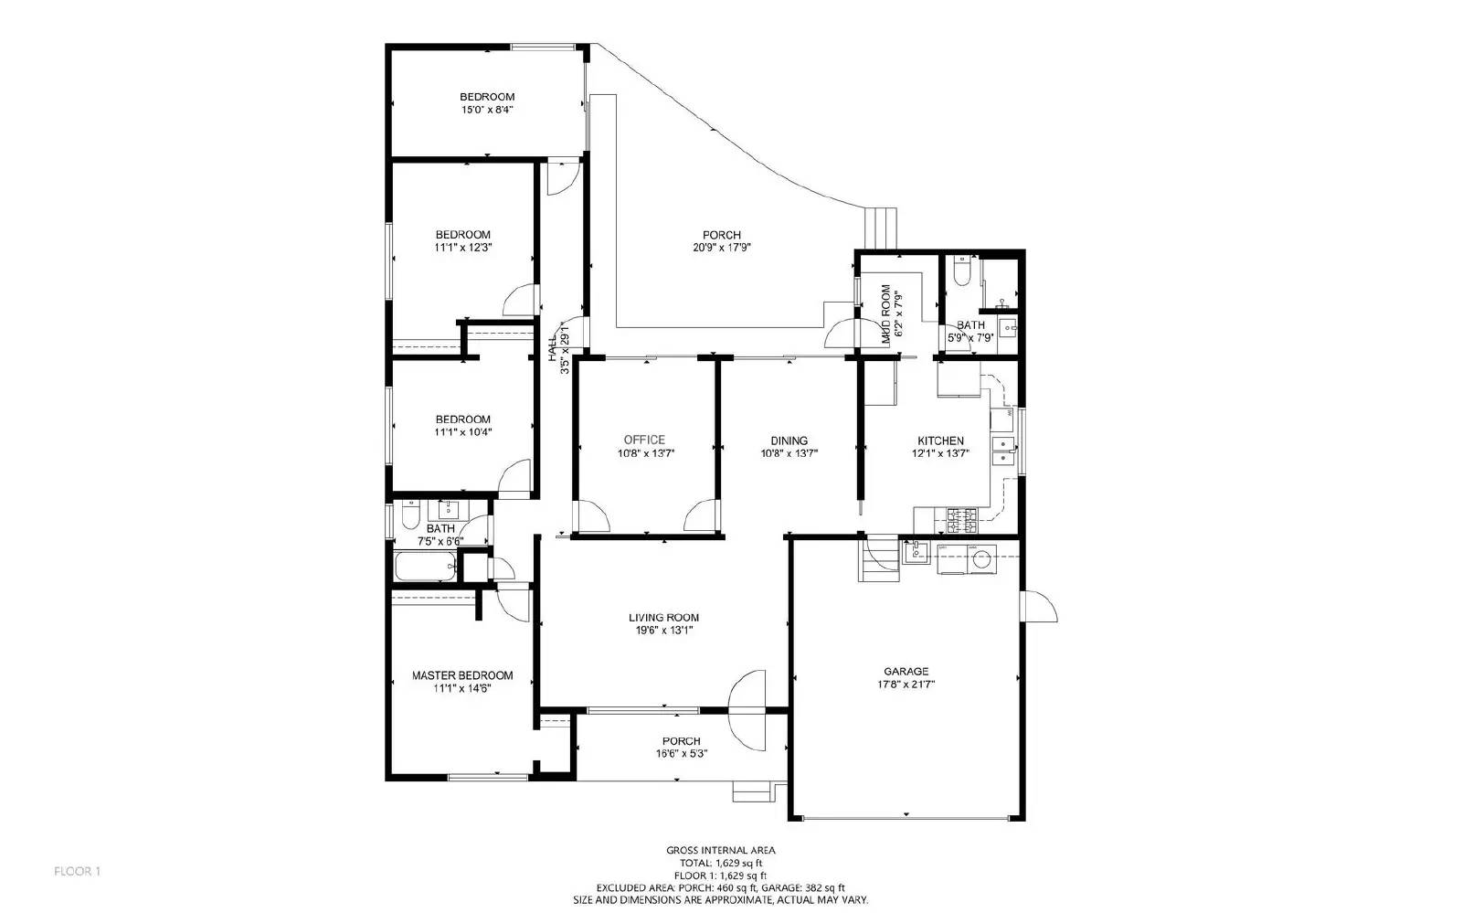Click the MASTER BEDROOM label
coord(461,675)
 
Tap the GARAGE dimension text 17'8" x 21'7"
coord(905,684)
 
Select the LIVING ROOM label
coord(663,617)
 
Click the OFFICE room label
coord(644,440)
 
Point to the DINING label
coord(789,441)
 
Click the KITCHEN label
coord(940,441)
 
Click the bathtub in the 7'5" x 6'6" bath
coord(426,568)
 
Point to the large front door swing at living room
coord(747,710)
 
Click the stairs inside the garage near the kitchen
coord(879,558)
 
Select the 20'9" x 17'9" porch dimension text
coord(722,247)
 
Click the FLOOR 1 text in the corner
coord(77,871)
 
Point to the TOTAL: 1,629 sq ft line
coord(721,862)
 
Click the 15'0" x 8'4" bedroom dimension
coord(487,109)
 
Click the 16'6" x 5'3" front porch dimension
coord(681,753)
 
